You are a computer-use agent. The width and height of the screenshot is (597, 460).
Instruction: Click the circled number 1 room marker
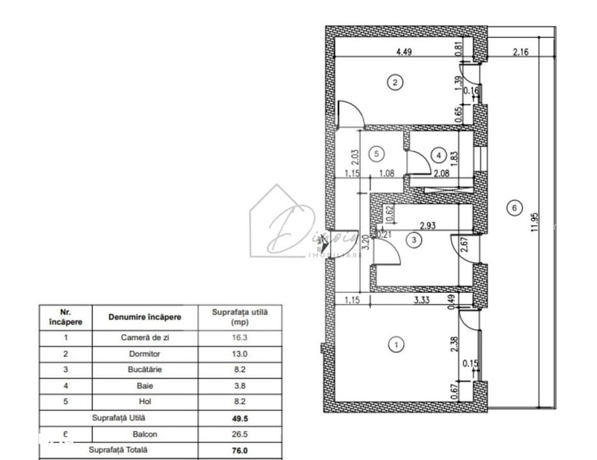point(396,345)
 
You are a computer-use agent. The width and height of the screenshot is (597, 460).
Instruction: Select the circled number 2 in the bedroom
point(395,82)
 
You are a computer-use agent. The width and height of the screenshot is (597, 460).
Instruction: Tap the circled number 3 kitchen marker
point(415,239)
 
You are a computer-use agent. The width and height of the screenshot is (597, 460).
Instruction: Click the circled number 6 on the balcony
point(514,207)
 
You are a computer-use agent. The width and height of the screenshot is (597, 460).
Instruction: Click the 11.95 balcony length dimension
point(535,223)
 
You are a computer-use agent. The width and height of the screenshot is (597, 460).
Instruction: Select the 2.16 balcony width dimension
point(520,52)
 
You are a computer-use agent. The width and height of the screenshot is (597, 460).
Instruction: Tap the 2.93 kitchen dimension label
point(427,225)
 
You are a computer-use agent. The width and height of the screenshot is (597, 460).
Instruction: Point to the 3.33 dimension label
point(421,301)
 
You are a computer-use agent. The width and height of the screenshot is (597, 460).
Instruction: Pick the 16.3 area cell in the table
point(239,338)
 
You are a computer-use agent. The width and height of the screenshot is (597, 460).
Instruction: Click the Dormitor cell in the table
point(145,354)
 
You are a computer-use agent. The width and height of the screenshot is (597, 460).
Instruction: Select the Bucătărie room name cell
point(145,370)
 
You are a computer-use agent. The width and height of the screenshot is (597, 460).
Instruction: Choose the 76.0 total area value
point(239,450)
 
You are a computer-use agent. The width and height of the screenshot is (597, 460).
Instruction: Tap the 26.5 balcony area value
point(239,434)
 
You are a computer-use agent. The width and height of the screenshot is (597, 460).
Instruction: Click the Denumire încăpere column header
point(145,317)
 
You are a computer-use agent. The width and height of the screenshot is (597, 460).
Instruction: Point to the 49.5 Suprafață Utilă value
point(239,418)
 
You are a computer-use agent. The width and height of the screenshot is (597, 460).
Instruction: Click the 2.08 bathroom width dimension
point(441,174)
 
